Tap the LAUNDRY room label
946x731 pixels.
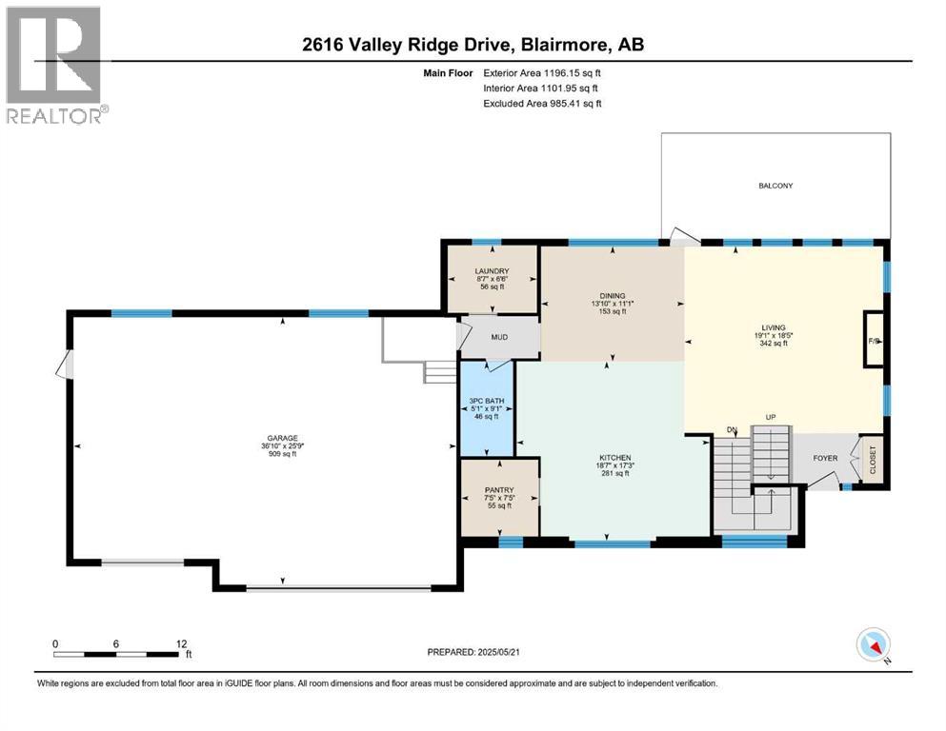[492, 271]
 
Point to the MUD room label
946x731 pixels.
[498, 338]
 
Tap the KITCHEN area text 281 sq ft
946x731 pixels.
[615, 473]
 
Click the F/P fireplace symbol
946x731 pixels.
[873, 339]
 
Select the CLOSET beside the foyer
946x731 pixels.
[872, 460]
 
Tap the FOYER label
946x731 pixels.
[825, 458]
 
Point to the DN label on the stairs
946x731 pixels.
[732, 430]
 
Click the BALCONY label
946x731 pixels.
[776, 186]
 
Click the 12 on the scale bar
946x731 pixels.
[181, 643]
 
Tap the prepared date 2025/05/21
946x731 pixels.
[530, 652]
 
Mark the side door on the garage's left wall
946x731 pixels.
[65, 365]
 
